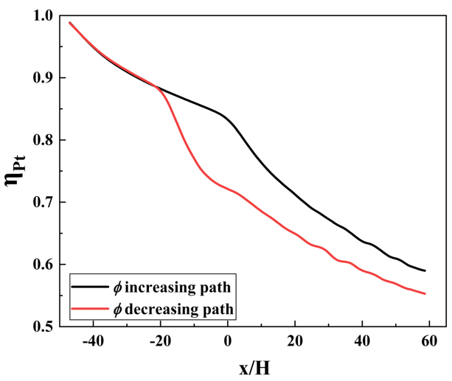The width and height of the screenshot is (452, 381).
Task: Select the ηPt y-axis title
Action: (15, 171)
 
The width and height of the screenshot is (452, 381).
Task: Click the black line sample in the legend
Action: (88, 284)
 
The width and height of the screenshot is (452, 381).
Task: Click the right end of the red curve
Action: (425, 293)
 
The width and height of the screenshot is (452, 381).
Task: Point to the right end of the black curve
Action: (425, 270)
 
